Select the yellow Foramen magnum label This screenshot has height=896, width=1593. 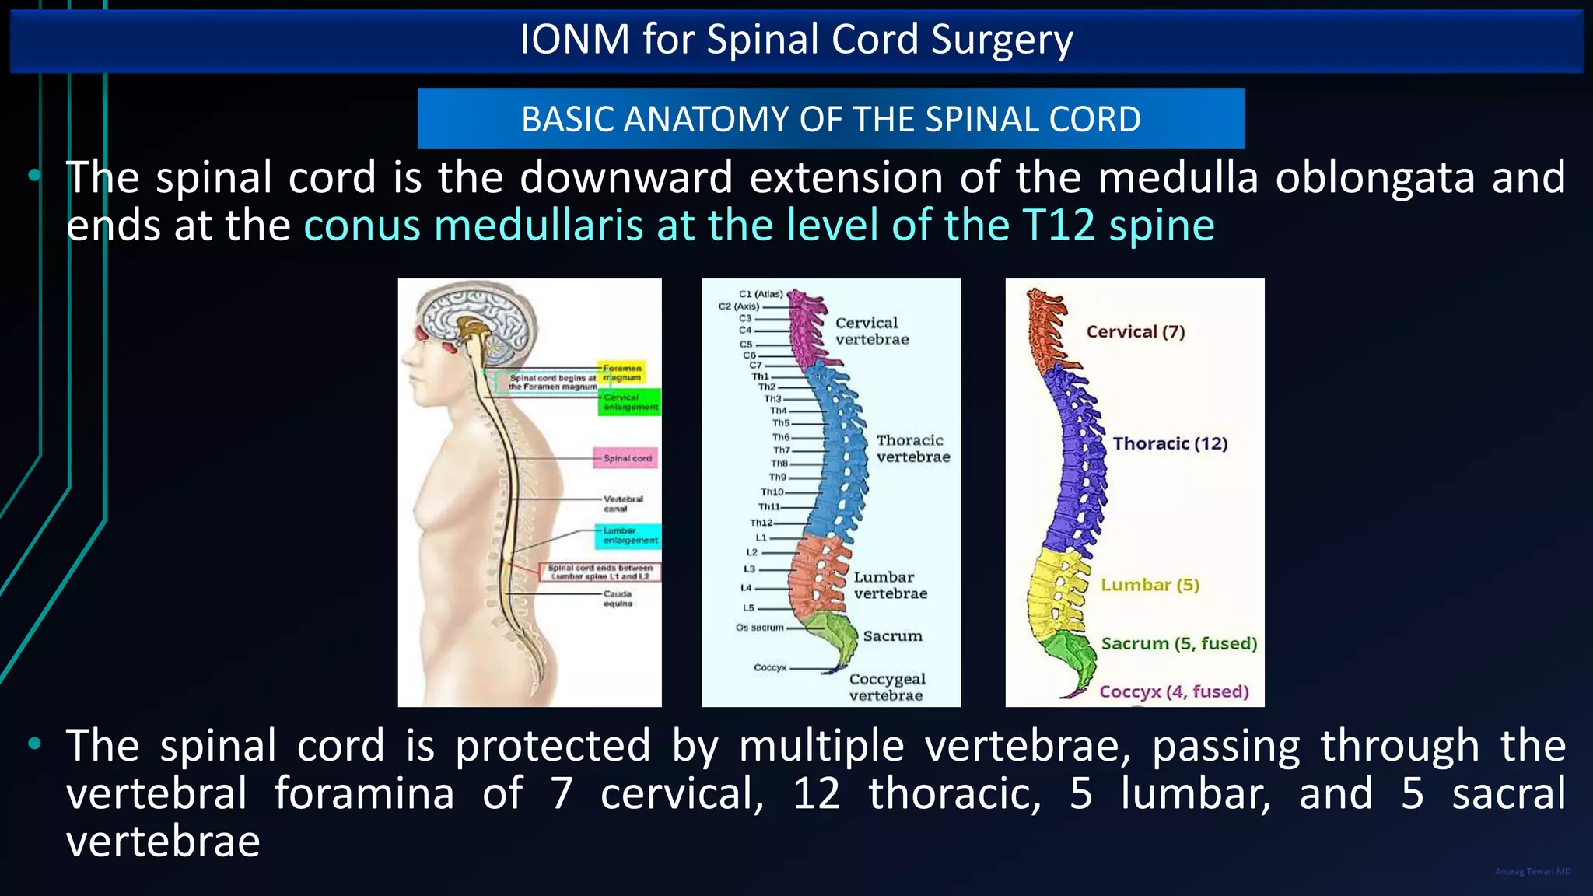(x=621, y=373)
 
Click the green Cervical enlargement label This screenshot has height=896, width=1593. (x=630, y=402)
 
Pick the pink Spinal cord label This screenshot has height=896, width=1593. (x=626, y=458)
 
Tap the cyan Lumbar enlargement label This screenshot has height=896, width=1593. (x=630, y=535)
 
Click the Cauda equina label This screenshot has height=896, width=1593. (x=618, y=598)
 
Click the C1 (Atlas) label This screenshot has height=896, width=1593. (x=760, y=294)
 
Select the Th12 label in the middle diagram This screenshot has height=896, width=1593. (x=761, y=523)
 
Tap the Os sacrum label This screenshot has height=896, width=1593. (x=759, y=627)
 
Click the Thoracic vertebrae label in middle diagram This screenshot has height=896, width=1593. (x=912, y=449)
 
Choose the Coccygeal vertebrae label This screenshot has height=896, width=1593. (x=887, y=688)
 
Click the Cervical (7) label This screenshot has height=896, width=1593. (x=1135, y=332)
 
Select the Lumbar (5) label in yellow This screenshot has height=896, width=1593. (x=1149, y=585)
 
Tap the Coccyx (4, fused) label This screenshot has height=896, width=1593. (x=1173, y=691)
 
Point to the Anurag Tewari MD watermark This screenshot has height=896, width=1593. (x=1532, y=872)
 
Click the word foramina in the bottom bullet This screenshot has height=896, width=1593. (x=363, y=793)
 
